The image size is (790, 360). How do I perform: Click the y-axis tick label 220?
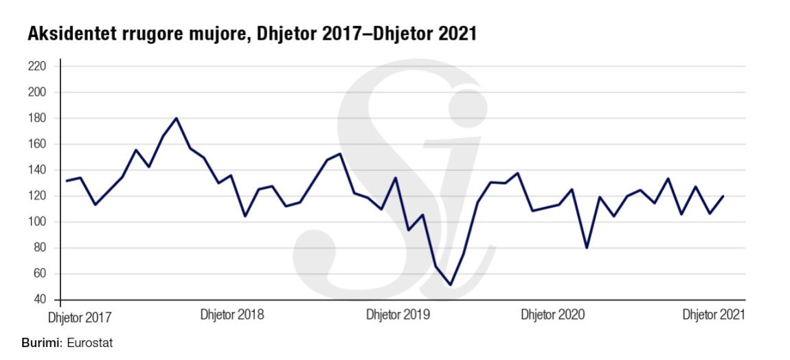pos(36,67)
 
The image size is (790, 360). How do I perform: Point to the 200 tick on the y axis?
pos(36,92)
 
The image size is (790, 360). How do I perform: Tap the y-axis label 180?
pos(36,118)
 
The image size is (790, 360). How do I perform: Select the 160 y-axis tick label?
pos(36,144)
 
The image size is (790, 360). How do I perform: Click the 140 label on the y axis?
pos(36,170)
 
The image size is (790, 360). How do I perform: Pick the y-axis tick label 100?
pos(36,222)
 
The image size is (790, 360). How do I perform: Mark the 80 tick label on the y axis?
pos(38,248)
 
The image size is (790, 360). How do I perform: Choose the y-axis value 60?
pos(38,274)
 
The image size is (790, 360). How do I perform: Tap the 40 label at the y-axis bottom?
pos(38,300)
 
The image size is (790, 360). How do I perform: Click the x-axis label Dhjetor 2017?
pos(79,318)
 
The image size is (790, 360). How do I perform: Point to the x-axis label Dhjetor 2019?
pos(398,315)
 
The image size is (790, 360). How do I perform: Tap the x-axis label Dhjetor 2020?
pos(552,315)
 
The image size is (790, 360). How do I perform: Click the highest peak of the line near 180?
pos(177,118)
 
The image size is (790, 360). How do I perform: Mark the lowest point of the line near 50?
pos(450,284)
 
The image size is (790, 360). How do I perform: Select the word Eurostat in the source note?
pos(89,341)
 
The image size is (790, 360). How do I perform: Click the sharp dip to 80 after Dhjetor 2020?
pos(587,247)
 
